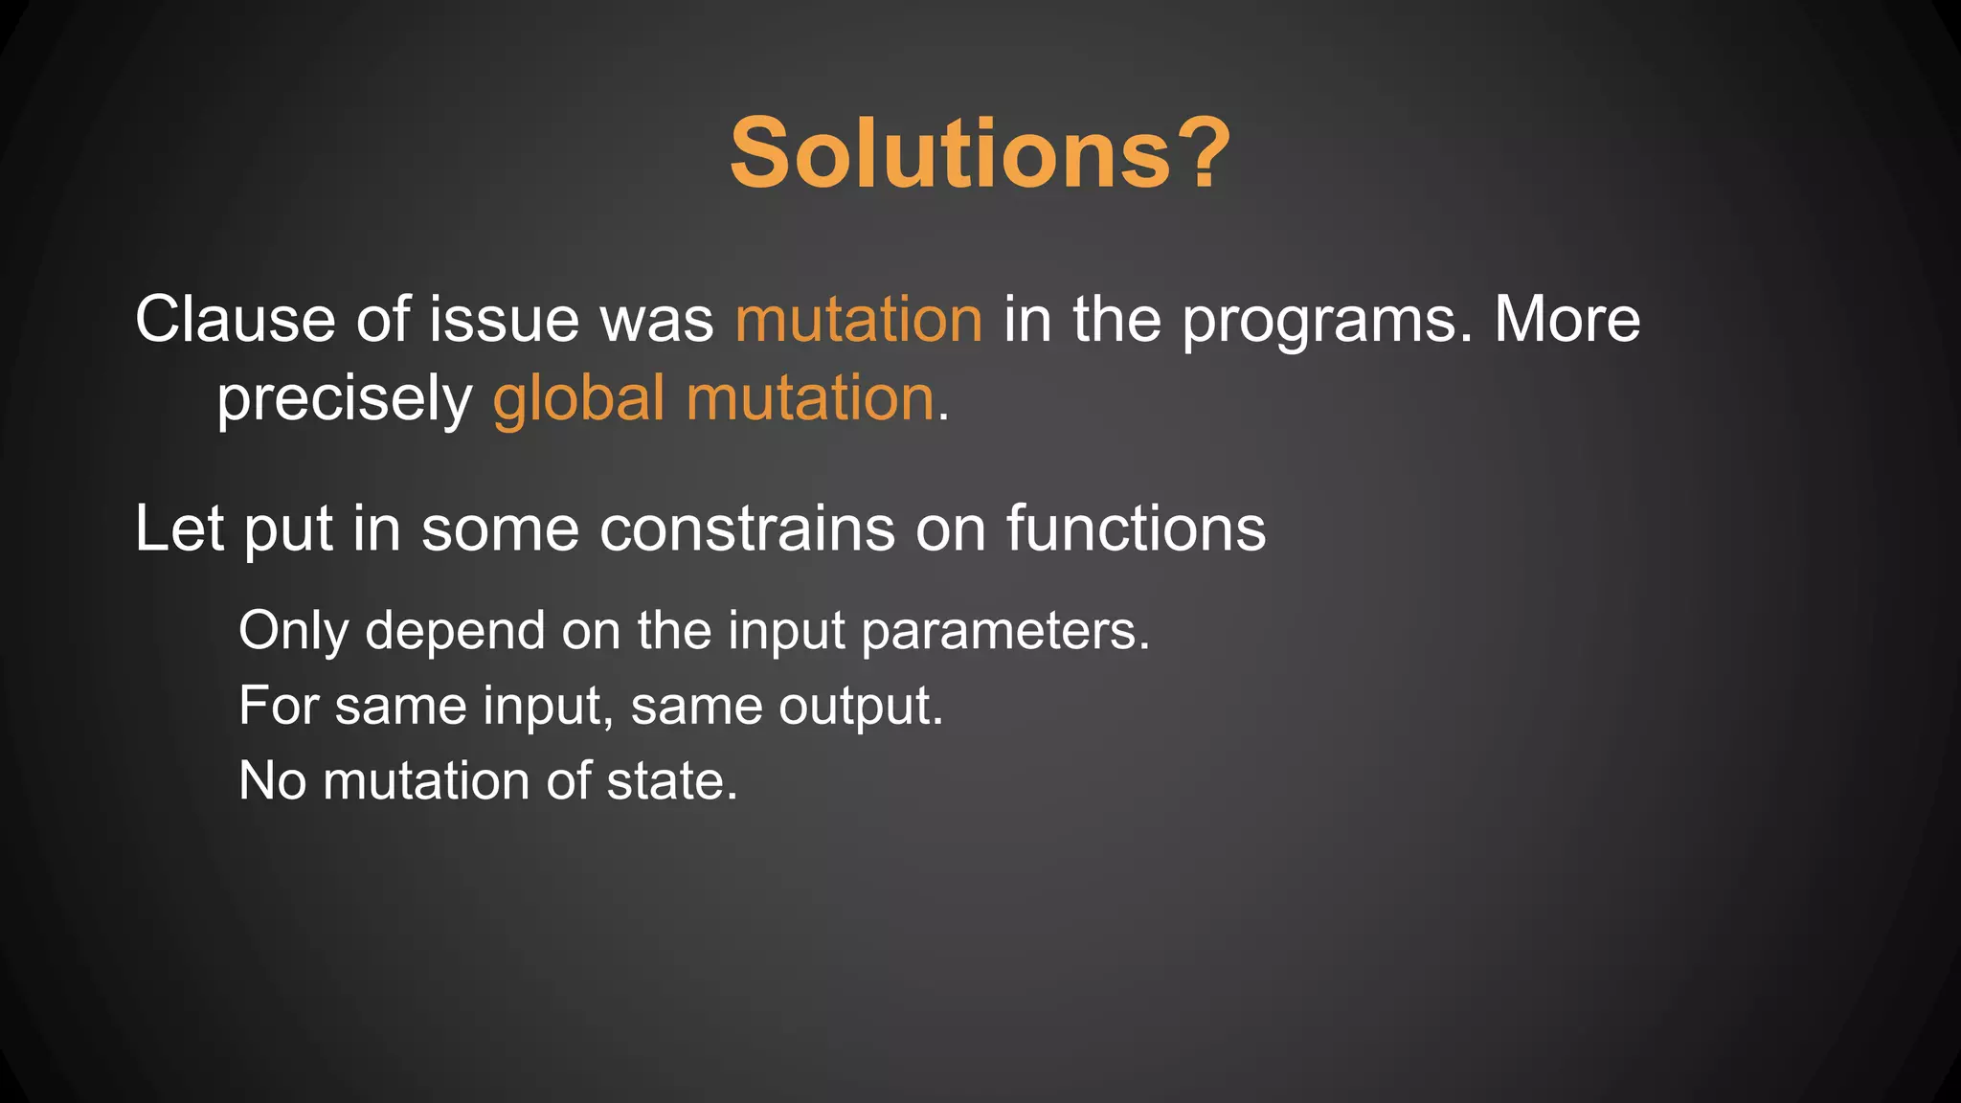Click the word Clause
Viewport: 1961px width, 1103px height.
tap(235, 319)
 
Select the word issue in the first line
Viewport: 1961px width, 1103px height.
tap(504, 319)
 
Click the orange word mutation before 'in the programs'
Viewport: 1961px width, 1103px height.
tap(858, 319)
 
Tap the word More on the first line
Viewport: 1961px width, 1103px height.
tap(1567, 319)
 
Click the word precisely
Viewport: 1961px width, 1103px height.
tap(344, 399)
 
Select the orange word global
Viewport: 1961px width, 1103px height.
tap(578, 397)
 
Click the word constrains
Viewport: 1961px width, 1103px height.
tap(746, 529)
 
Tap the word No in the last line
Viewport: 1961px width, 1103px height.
tap(272, 781)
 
